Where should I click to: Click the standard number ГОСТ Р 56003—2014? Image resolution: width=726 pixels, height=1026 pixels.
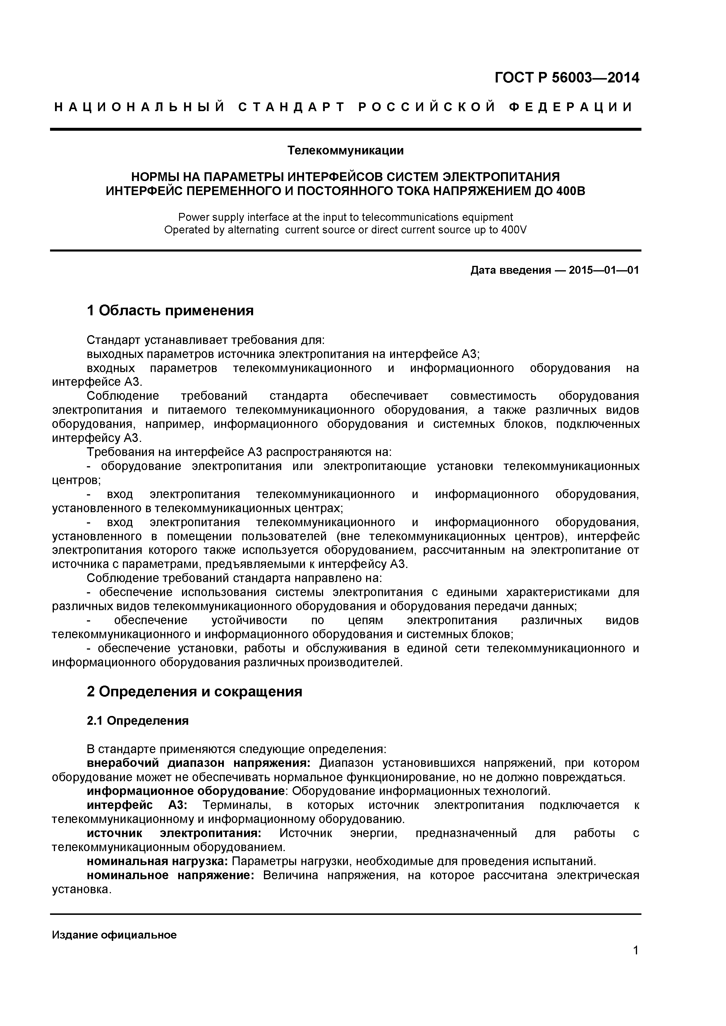(x=567, y=78)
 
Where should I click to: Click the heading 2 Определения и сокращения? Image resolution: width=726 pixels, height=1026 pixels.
(x=195, y=691)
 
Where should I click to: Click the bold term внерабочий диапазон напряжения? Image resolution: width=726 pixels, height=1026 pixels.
(x=198, y=763)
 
